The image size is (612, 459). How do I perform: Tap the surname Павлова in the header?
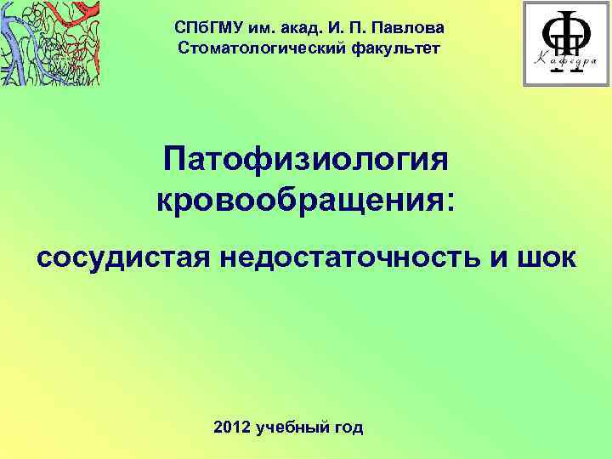click(x=406, y=29)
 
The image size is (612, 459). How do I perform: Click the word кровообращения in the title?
click(x=297, y=201)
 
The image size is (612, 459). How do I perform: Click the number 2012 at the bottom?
click(x=236, y=427)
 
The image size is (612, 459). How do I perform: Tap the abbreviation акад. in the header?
click(x=293, y=29)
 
